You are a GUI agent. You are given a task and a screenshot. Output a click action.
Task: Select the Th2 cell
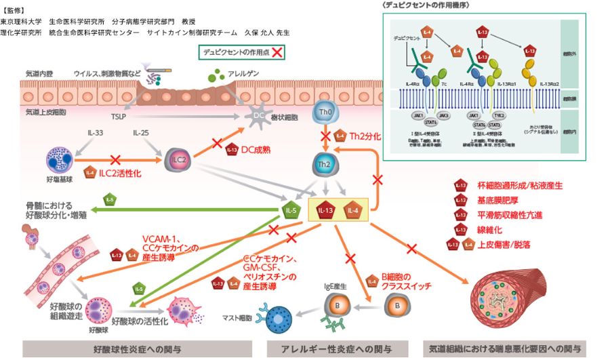pos(325,163)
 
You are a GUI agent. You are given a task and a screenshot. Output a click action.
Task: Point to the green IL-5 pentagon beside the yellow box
pos(291,210)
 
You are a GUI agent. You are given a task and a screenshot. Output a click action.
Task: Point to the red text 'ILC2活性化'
pos(124,175)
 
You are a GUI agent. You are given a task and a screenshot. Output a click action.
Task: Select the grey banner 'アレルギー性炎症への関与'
pos(338,348)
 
